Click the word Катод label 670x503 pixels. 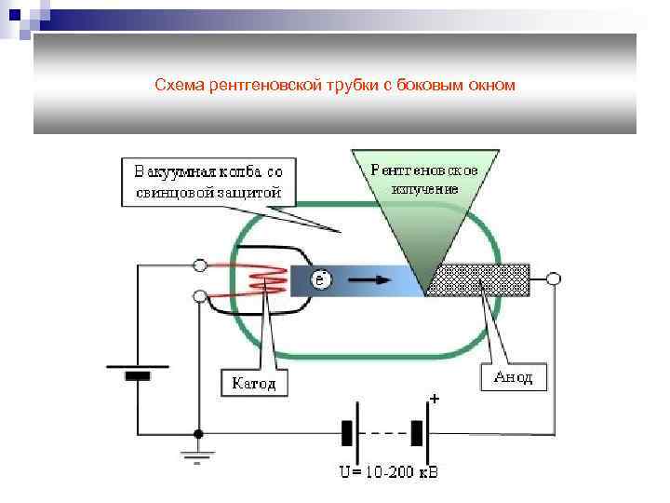coord(254,383)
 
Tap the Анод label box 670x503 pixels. coord(513,375)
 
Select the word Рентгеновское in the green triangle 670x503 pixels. coord(423,170)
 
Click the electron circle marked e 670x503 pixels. coord(320,279)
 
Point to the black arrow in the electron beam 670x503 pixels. coord(371,278)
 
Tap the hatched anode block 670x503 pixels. coord(477,279)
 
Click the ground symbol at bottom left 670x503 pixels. coord(198,455)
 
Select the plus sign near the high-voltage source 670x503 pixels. coord(434,399)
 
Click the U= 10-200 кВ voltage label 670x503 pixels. coord(388,472)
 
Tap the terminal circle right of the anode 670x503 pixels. coord(553,279)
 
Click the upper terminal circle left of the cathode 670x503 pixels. coord(199,265)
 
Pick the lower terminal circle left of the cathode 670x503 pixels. coord(199,296)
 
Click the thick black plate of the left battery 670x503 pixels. coord(138,376)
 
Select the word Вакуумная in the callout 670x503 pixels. coord(174,171)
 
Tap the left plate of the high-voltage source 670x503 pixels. coord(347,433)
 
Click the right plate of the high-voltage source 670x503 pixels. coord(418,433)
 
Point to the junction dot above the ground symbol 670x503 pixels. coord(198,433)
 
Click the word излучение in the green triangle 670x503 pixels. coord(425,188)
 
